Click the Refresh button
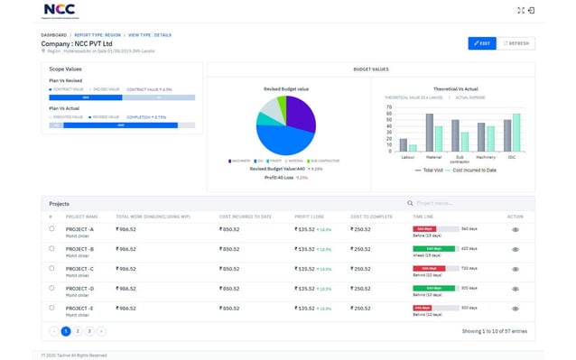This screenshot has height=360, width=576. (517, 42)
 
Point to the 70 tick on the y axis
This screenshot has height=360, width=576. (389, 106)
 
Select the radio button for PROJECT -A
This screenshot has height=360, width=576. (52, 230)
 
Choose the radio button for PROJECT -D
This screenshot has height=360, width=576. (52, 289)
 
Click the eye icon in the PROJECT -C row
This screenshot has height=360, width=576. (516, 269)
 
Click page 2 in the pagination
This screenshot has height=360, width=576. (78, 331)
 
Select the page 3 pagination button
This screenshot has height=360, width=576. (89, 331)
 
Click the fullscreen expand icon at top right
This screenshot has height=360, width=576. (545, 10)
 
